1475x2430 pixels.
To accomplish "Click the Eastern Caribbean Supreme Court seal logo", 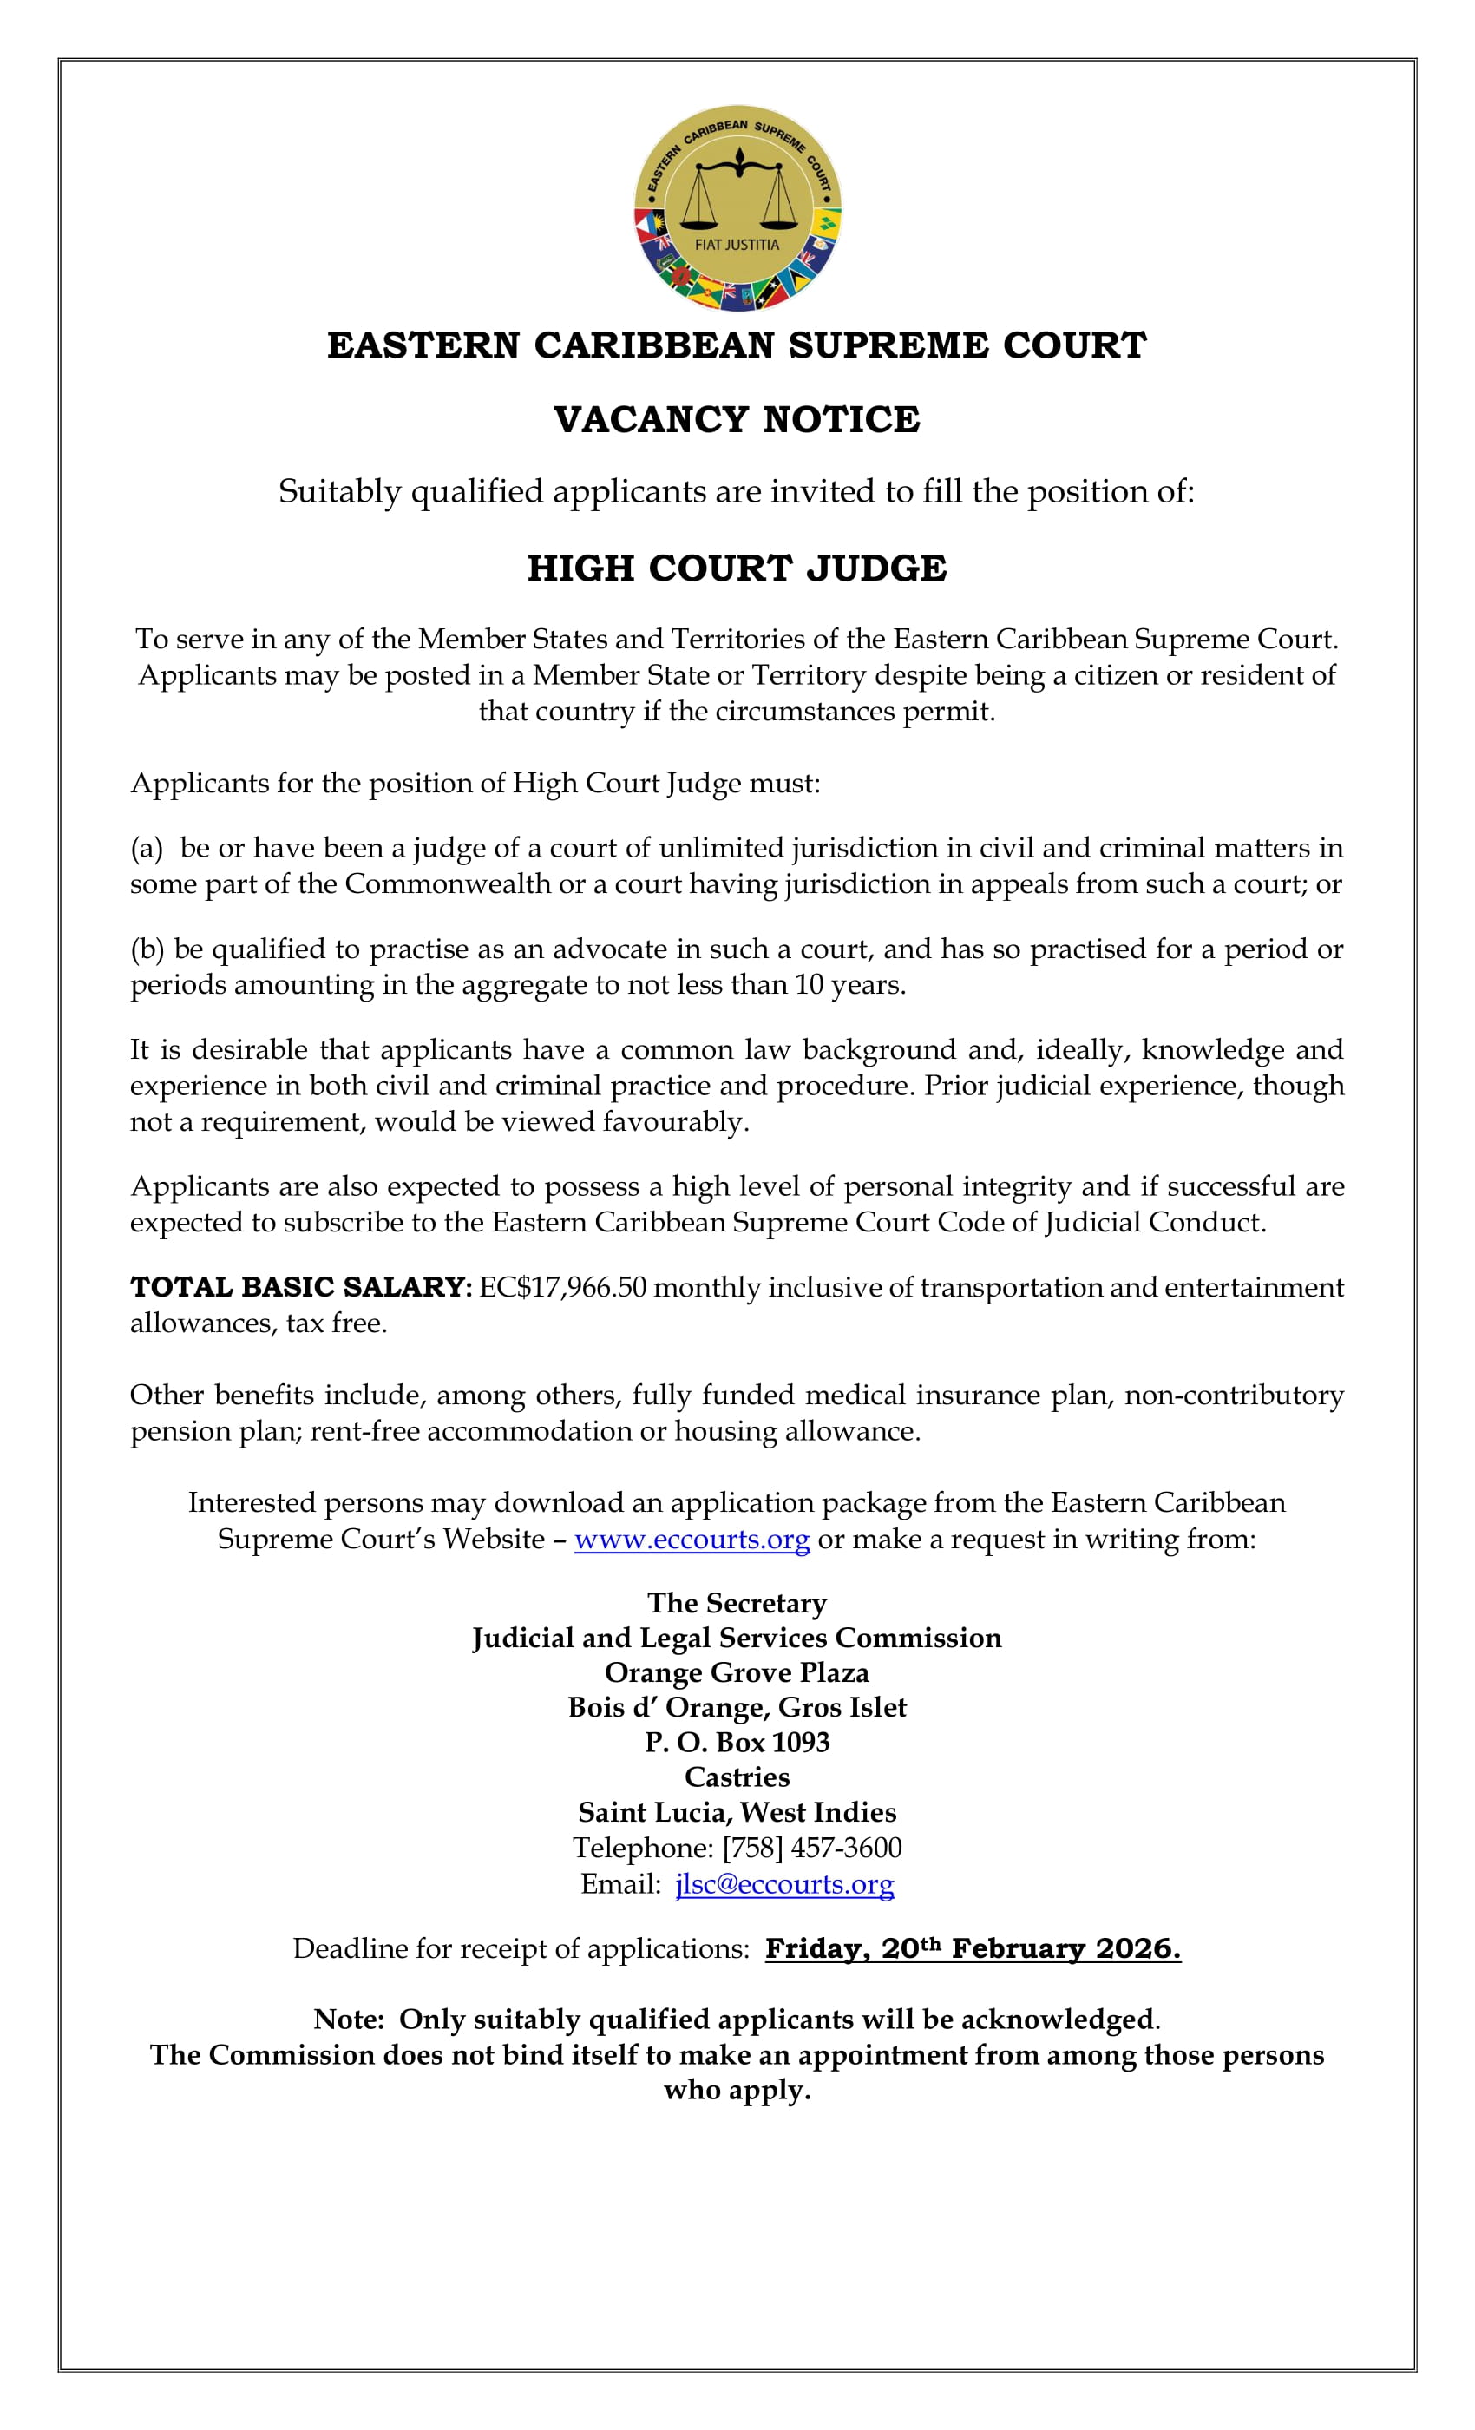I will (737, 208).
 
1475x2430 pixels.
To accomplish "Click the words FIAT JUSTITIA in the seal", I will (737, 245).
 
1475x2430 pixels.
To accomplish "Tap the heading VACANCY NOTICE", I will (737, 419).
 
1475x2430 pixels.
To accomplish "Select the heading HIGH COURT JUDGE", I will (737, 568).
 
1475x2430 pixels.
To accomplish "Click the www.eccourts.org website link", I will (692, 1539).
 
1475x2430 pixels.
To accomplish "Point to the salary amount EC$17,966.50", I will (563, 1287).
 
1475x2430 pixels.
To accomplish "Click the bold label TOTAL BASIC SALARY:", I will (301, 1287).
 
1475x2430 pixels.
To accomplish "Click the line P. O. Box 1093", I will (737, 1743).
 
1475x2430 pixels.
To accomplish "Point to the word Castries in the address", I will (737, 1777).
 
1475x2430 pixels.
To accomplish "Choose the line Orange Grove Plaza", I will (737, 1672).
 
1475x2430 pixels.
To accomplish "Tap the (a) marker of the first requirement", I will (147, 848).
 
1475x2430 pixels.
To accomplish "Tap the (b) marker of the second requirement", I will (147, 949).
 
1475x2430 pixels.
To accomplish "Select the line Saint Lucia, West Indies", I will (737, 1813).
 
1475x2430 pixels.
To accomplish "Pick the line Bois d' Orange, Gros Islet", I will (737, 1707).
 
